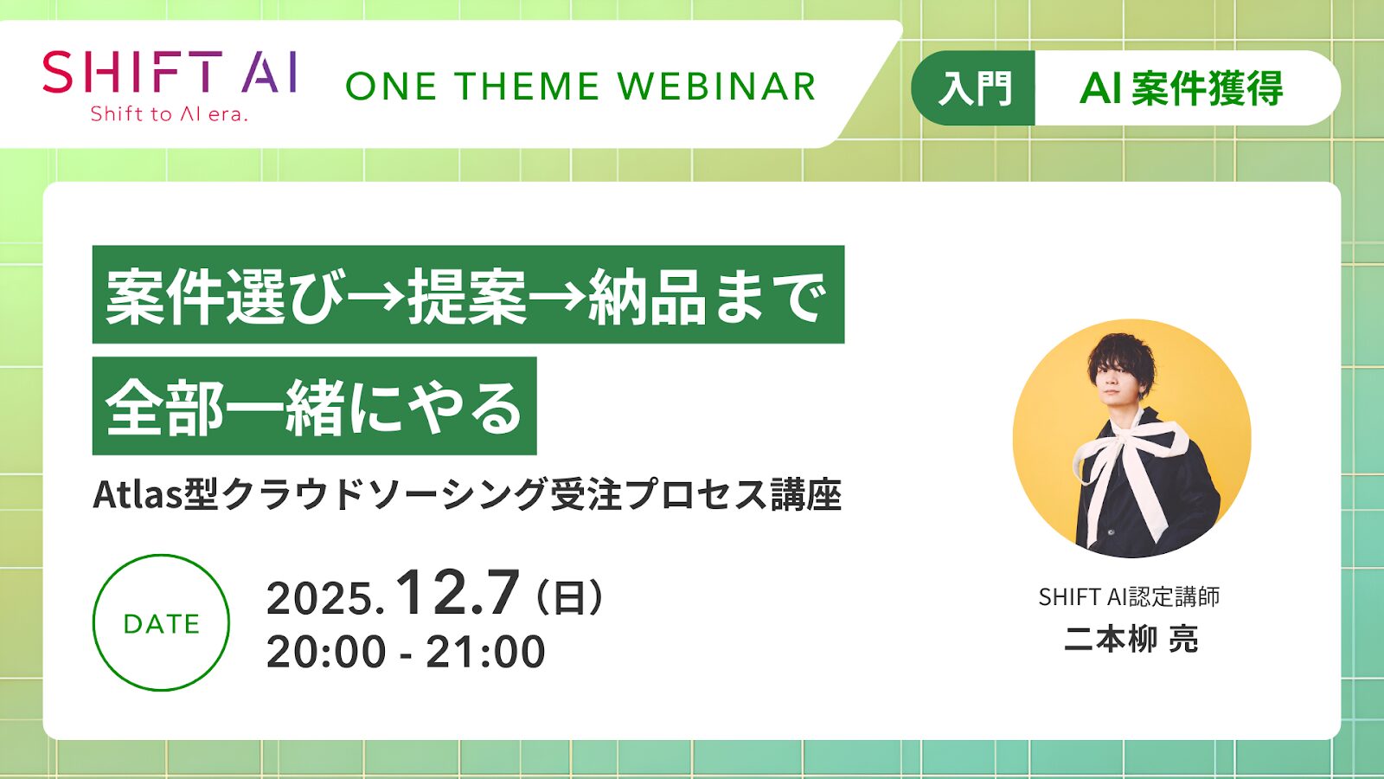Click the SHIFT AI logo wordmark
(170, 72)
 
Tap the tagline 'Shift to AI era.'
(170, 114)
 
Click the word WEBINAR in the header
(717, 87)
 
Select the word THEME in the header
(527, 87)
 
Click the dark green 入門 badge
(975, 88)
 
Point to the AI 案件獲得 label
(1182, 88)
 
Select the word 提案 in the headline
(467, 296)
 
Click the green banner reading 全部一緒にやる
(314, 407)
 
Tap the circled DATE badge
(161, 623)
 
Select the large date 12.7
(458, 594)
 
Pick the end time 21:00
(485, 652)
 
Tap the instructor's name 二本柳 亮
(1131, 640)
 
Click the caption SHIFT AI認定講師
(1129, 597)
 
